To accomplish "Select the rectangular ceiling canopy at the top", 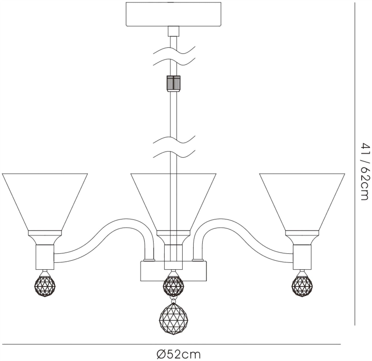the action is [x=173, y=14].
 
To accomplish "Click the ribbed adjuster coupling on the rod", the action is [x=174, y=84].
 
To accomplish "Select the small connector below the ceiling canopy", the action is [x=173, y=31].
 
